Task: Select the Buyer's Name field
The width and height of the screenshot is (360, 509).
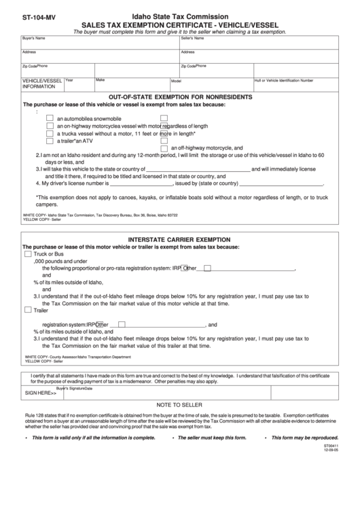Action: (99, 42)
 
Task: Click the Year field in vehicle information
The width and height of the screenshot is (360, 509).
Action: (78, 86)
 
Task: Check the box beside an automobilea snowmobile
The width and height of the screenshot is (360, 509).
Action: (50, 118)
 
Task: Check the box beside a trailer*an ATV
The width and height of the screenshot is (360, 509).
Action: (50, 141)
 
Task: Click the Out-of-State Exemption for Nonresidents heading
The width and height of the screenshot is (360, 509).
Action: (180, 97)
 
